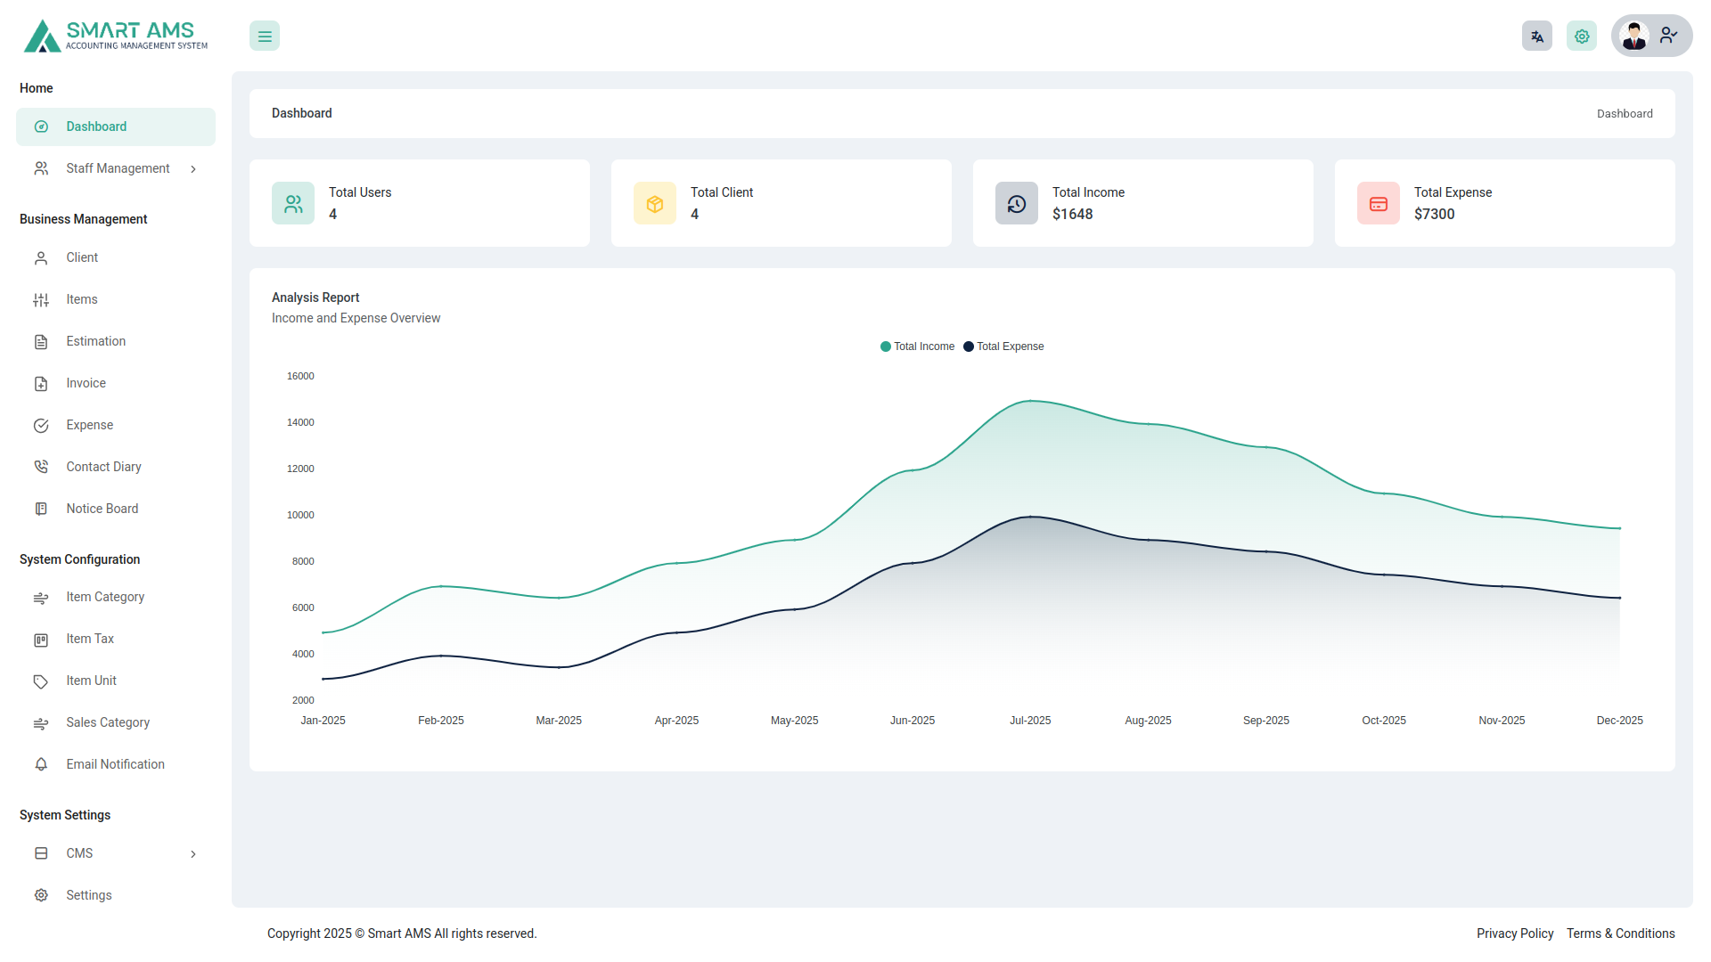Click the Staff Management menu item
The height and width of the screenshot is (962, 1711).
coord(118,168)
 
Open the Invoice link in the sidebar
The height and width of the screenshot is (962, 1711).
coord(86,383)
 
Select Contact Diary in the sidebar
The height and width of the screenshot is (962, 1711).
coord(103,467)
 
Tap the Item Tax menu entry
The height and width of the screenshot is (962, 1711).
coord(90,639)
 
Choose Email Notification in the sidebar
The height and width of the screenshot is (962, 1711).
coord(115,764)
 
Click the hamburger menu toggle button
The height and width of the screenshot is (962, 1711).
coord(265,37)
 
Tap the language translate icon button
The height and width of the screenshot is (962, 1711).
coord(1537,37)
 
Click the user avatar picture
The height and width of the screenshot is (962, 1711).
coord(1634,37)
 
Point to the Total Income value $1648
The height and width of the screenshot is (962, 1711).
coord(1072,214)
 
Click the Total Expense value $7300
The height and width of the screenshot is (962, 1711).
coord(1434,214)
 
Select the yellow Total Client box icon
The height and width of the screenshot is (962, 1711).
coord(655,204)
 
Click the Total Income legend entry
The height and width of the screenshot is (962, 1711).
coord(918,346)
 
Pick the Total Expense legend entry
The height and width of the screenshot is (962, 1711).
coord(1004,346)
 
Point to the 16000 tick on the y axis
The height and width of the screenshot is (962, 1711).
coord(300,376)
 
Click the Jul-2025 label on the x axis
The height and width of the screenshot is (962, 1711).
coord(1030,721)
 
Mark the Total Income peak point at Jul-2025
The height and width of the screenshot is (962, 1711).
coord(1031,401)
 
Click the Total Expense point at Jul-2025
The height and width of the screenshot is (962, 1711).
coord(1031,517)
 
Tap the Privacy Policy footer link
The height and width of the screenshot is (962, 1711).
coord(1515,933)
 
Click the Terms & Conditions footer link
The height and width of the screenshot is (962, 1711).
coord(1621,933)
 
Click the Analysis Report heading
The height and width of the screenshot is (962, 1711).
coord(315,298)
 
